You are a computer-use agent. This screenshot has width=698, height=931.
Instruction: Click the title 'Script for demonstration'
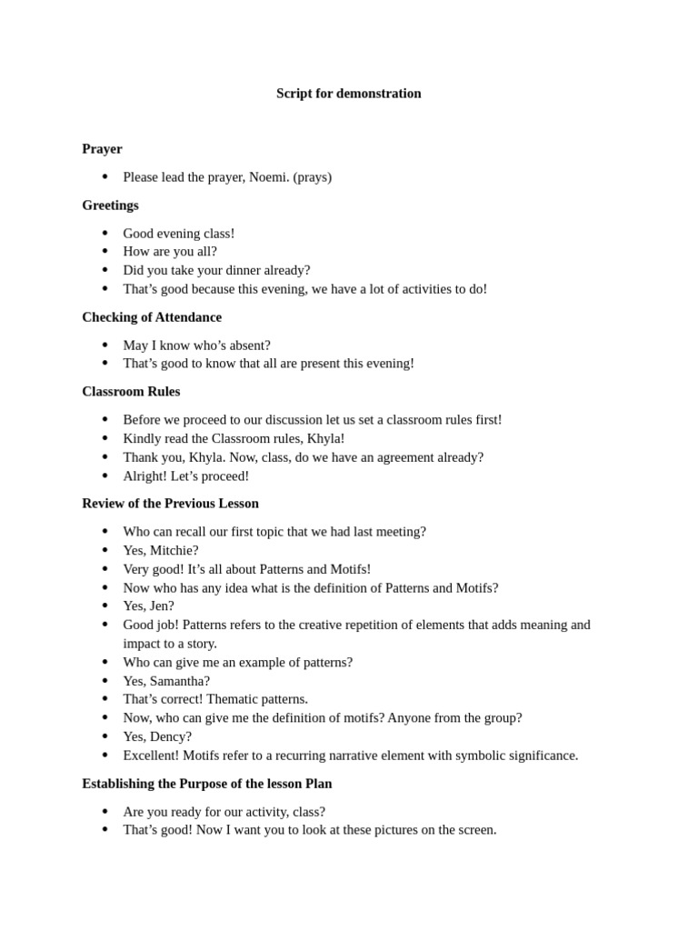(x=348, y=94)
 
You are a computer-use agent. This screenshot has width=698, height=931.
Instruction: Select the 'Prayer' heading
(x=102, y=149)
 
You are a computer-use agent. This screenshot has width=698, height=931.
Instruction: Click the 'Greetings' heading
(x=110, y=205)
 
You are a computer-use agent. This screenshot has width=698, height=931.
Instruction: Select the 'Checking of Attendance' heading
(x=152, y=317)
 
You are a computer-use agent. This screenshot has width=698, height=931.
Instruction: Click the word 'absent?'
(x=248, y=345)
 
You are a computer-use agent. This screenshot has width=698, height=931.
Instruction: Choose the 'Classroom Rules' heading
(x=131, y=392)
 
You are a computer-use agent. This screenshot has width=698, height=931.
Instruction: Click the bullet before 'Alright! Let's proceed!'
(x=105, y=476)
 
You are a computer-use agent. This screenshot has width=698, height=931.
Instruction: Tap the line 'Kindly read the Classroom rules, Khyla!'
(x=234, y=438)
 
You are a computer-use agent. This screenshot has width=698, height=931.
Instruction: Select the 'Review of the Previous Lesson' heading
(x=170, y=504)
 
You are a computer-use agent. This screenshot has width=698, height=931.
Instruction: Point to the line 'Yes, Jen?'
(x=148, y=606)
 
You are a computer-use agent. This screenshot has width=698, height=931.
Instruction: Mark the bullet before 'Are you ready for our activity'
(x=105, y=811)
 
